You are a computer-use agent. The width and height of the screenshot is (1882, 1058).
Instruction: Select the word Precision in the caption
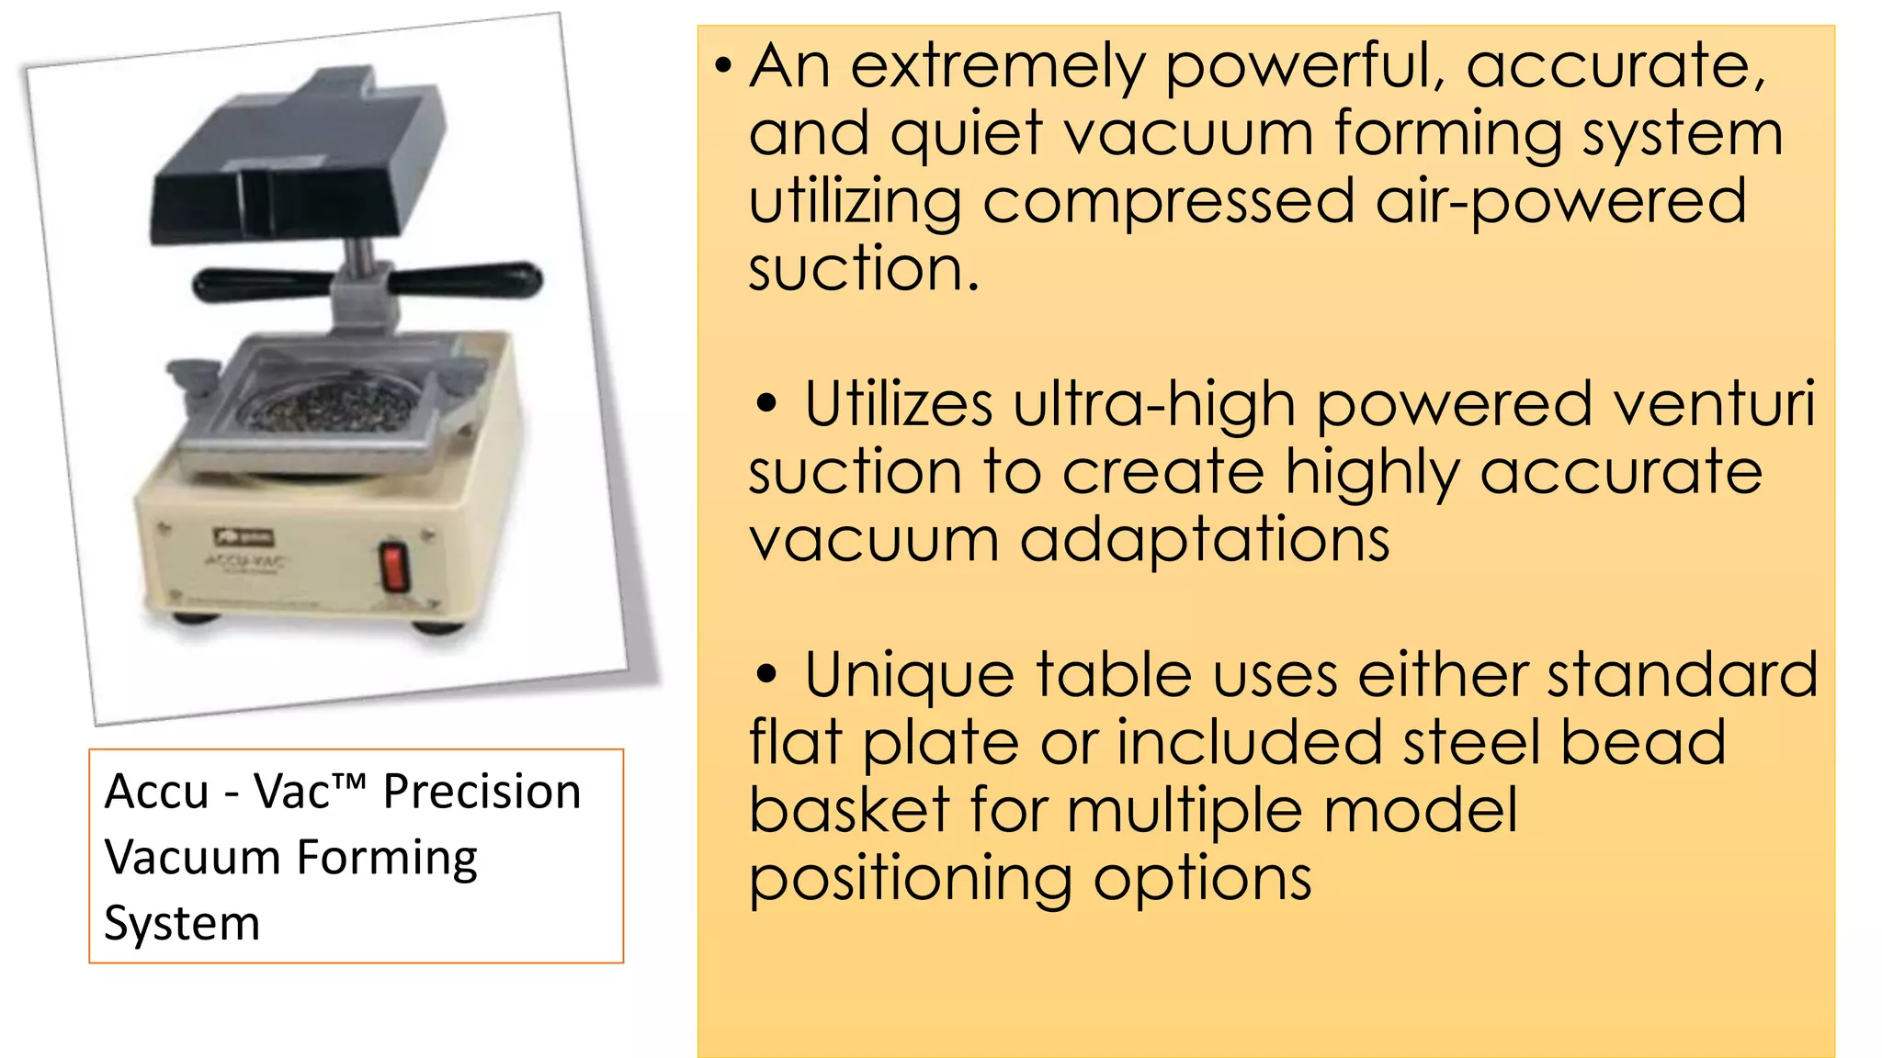pos(482,792)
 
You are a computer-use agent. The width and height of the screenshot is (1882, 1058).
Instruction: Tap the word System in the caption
pos(182,923)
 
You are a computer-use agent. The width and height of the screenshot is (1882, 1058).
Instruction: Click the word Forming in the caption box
pos(387,858)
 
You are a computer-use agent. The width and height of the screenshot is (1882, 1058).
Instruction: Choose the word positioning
pos(910,879)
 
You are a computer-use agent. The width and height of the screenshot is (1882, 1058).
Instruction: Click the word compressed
pos(1168,201)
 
